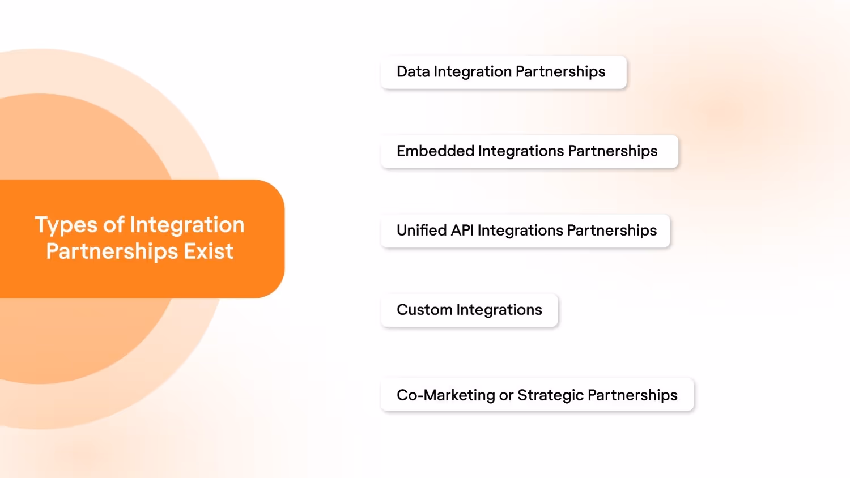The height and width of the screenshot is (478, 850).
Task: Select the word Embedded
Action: [435, 151]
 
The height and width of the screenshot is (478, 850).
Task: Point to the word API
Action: [462, 231]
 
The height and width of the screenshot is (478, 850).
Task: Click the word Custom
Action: [424, 310]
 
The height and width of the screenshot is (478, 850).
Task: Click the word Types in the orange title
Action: [66, 225]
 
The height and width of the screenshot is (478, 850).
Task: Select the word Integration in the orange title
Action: [187, 225]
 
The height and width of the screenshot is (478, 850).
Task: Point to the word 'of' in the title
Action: [113, 225]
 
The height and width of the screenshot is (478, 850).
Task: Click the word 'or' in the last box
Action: [506, 395]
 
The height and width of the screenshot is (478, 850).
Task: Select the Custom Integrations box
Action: [469, 310]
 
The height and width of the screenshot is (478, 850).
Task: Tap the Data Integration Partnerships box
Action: [503, 72]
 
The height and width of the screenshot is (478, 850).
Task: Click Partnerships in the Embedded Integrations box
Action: [613, 151]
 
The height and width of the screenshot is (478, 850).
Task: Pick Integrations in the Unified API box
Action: [520, 231]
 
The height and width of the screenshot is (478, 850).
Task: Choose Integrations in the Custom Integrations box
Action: [499, 310]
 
